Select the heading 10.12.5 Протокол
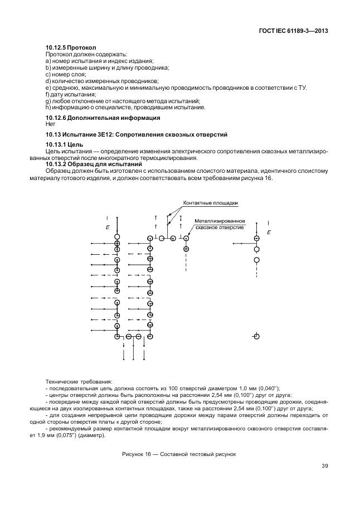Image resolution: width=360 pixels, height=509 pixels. point(70,48)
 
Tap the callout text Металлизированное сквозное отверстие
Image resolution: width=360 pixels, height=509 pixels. point(219,224)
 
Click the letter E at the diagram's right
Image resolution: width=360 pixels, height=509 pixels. point(269,231)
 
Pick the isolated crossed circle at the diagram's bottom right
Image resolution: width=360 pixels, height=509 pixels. point(256,336)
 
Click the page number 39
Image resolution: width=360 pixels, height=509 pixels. point(324,466)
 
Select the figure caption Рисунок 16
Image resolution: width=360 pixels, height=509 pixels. point(179,454)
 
